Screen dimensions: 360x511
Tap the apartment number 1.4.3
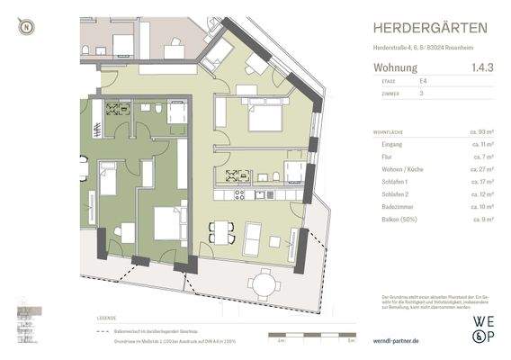(481, 67)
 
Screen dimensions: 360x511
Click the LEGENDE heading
(105, 319)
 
